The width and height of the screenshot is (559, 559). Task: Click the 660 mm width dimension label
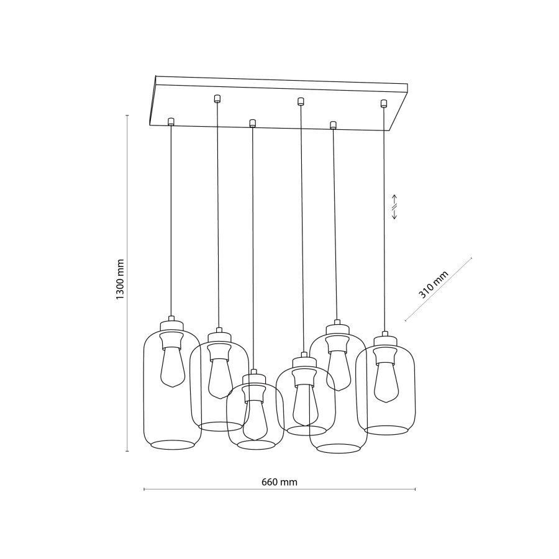click(x=279, y=481)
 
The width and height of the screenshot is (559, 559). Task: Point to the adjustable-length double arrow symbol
click(x=394, y=206)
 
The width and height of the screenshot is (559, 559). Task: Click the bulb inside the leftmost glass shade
click(x=171, y=366)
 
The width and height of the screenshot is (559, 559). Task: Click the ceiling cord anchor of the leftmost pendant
click(x=171, y=120)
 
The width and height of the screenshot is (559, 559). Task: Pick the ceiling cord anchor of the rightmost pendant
click(x=384, y=103)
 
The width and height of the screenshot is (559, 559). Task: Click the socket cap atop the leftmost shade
click(x=171, y=324)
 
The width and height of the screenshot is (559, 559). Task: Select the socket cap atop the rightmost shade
click(x=384, y=340)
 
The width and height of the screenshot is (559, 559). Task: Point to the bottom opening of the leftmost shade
click(x=173, y=444)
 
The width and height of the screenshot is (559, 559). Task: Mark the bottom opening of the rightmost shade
click(x=386, y=430)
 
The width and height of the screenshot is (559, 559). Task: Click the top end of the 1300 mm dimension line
click(x=127, y=115)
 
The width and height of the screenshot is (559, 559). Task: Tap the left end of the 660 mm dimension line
click(x=144, y=489)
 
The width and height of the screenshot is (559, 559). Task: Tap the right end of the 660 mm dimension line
click(x=416, y=489)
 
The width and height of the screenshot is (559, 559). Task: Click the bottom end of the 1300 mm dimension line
click(x=127, y=452)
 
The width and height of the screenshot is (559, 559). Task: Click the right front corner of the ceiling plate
click(x=389, y=131)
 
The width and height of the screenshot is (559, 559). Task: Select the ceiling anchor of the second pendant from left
click(x=217, y=98)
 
